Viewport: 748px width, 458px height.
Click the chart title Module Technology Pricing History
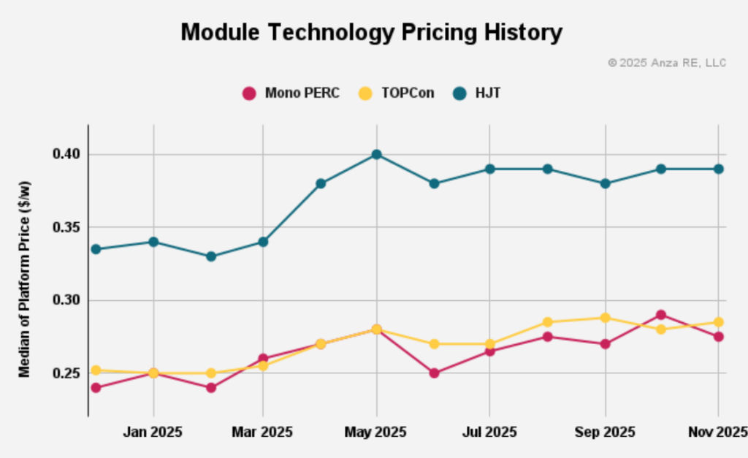pyautogui.click(x=372, y=32)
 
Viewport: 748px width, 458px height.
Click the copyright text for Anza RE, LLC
pyautogui.click(x=667, y=63)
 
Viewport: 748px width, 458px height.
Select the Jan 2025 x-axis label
pyautogui.click(x=153, y=432)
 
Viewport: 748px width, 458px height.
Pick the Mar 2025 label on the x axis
pyautogui.click(x=262, y=432)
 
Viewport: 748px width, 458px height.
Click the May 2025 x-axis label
pyautogui.click(x=376, y=432)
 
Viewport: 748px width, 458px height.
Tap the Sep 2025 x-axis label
pyautogui.click(x=606, y=432)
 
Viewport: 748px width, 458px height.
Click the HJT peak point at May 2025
pyautogui.click(x=376, y=154)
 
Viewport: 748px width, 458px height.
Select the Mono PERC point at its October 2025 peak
pyautogui.click(x=661, y=315)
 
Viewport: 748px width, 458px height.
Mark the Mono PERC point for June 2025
pyautogui.click(x=434, y=373)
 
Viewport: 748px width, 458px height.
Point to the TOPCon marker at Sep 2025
pyautogui.click(x=606, y=318)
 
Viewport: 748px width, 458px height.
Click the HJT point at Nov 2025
pyautogui.click(x=718, y=169)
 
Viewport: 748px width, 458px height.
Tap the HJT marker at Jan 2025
pyautogui.click(x=153, y=242)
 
